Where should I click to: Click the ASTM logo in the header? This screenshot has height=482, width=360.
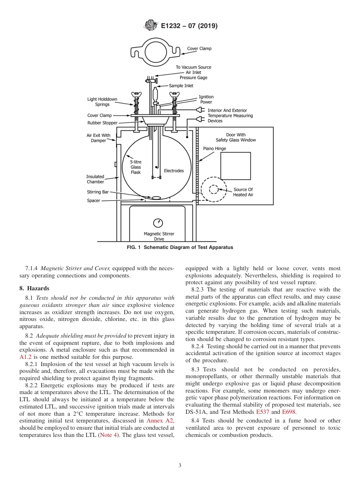coord(151,26)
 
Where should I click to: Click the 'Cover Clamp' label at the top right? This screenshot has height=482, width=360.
coord(199,49)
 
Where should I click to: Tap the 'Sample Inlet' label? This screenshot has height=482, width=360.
coord(181,86)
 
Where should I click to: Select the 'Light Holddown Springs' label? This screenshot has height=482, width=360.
coord(102,102)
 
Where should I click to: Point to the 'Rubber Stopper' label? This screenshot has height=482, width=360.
coord(102,123)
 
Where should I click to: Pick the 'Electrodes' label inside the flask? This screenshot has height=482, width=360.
coord(174,171)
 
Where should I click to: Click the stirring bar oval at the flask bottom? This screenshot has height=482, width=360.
coord(156,197)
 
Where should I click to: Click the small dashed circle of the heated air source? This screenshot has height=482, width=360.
coord(214,189)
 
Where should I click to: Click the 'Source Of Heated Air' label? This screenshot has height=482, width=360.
coord(243,192)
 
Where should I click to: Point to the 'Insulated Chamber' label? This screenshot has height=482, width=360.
coord(95,179)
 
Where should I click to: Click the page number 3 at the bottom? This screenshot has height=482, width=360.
coord(180,466)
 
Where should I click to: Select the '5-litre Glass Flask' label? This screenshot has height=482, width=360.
coord(136,167)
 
